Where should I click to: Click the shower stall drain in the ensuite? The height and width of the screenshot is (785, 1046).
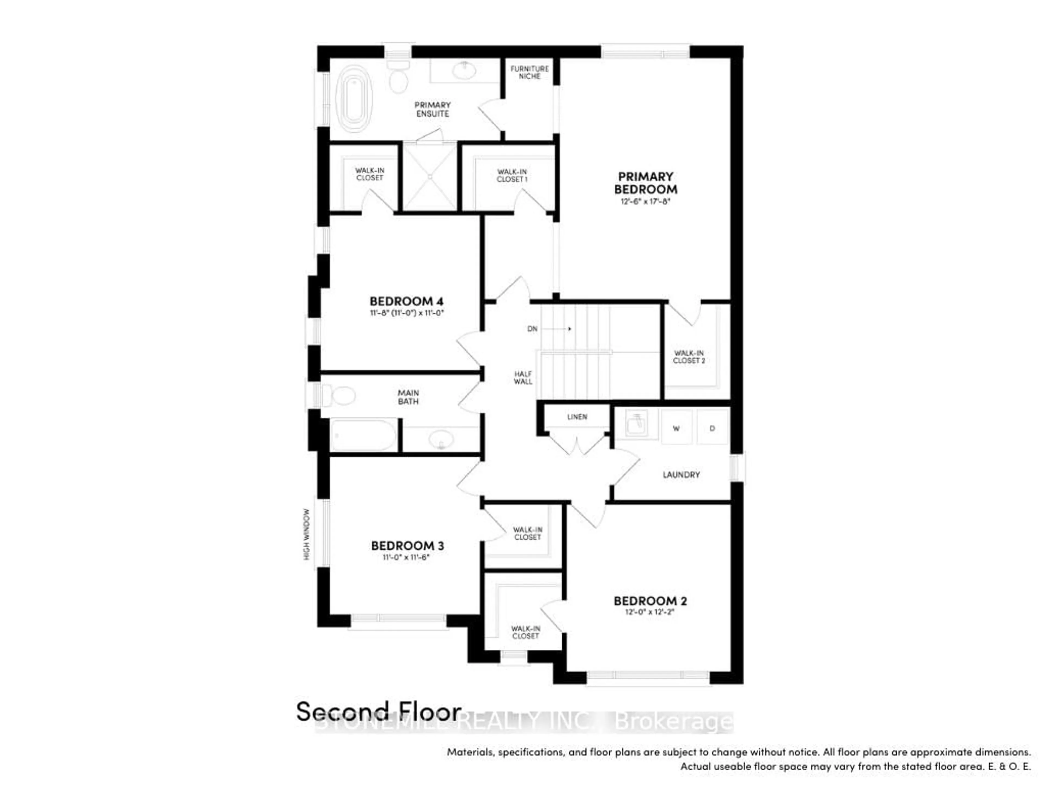tap(430, 177)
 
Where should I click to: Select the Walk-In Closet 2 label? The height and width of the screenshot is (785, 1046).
tap(689, 357)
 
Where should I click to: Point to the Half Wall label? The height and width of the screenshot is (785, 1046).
tap(523, 378)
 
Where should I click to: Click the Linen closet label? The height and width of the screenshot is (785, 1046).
tap(577, 417)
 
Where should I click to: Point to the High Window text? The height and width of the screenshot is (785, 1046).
tap(306, 535)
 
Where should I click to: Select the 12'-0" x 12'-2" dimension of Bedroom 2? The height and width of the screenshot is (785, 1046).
tap(650, 612)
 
